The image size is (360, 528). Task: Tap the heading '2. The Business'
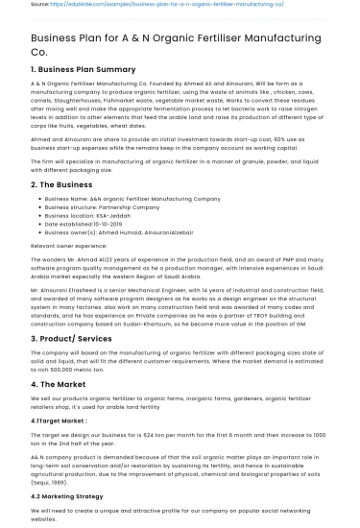tap(63, 183)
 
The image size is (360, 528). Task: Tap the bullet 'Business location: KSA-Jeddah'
tap(90, 212)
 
